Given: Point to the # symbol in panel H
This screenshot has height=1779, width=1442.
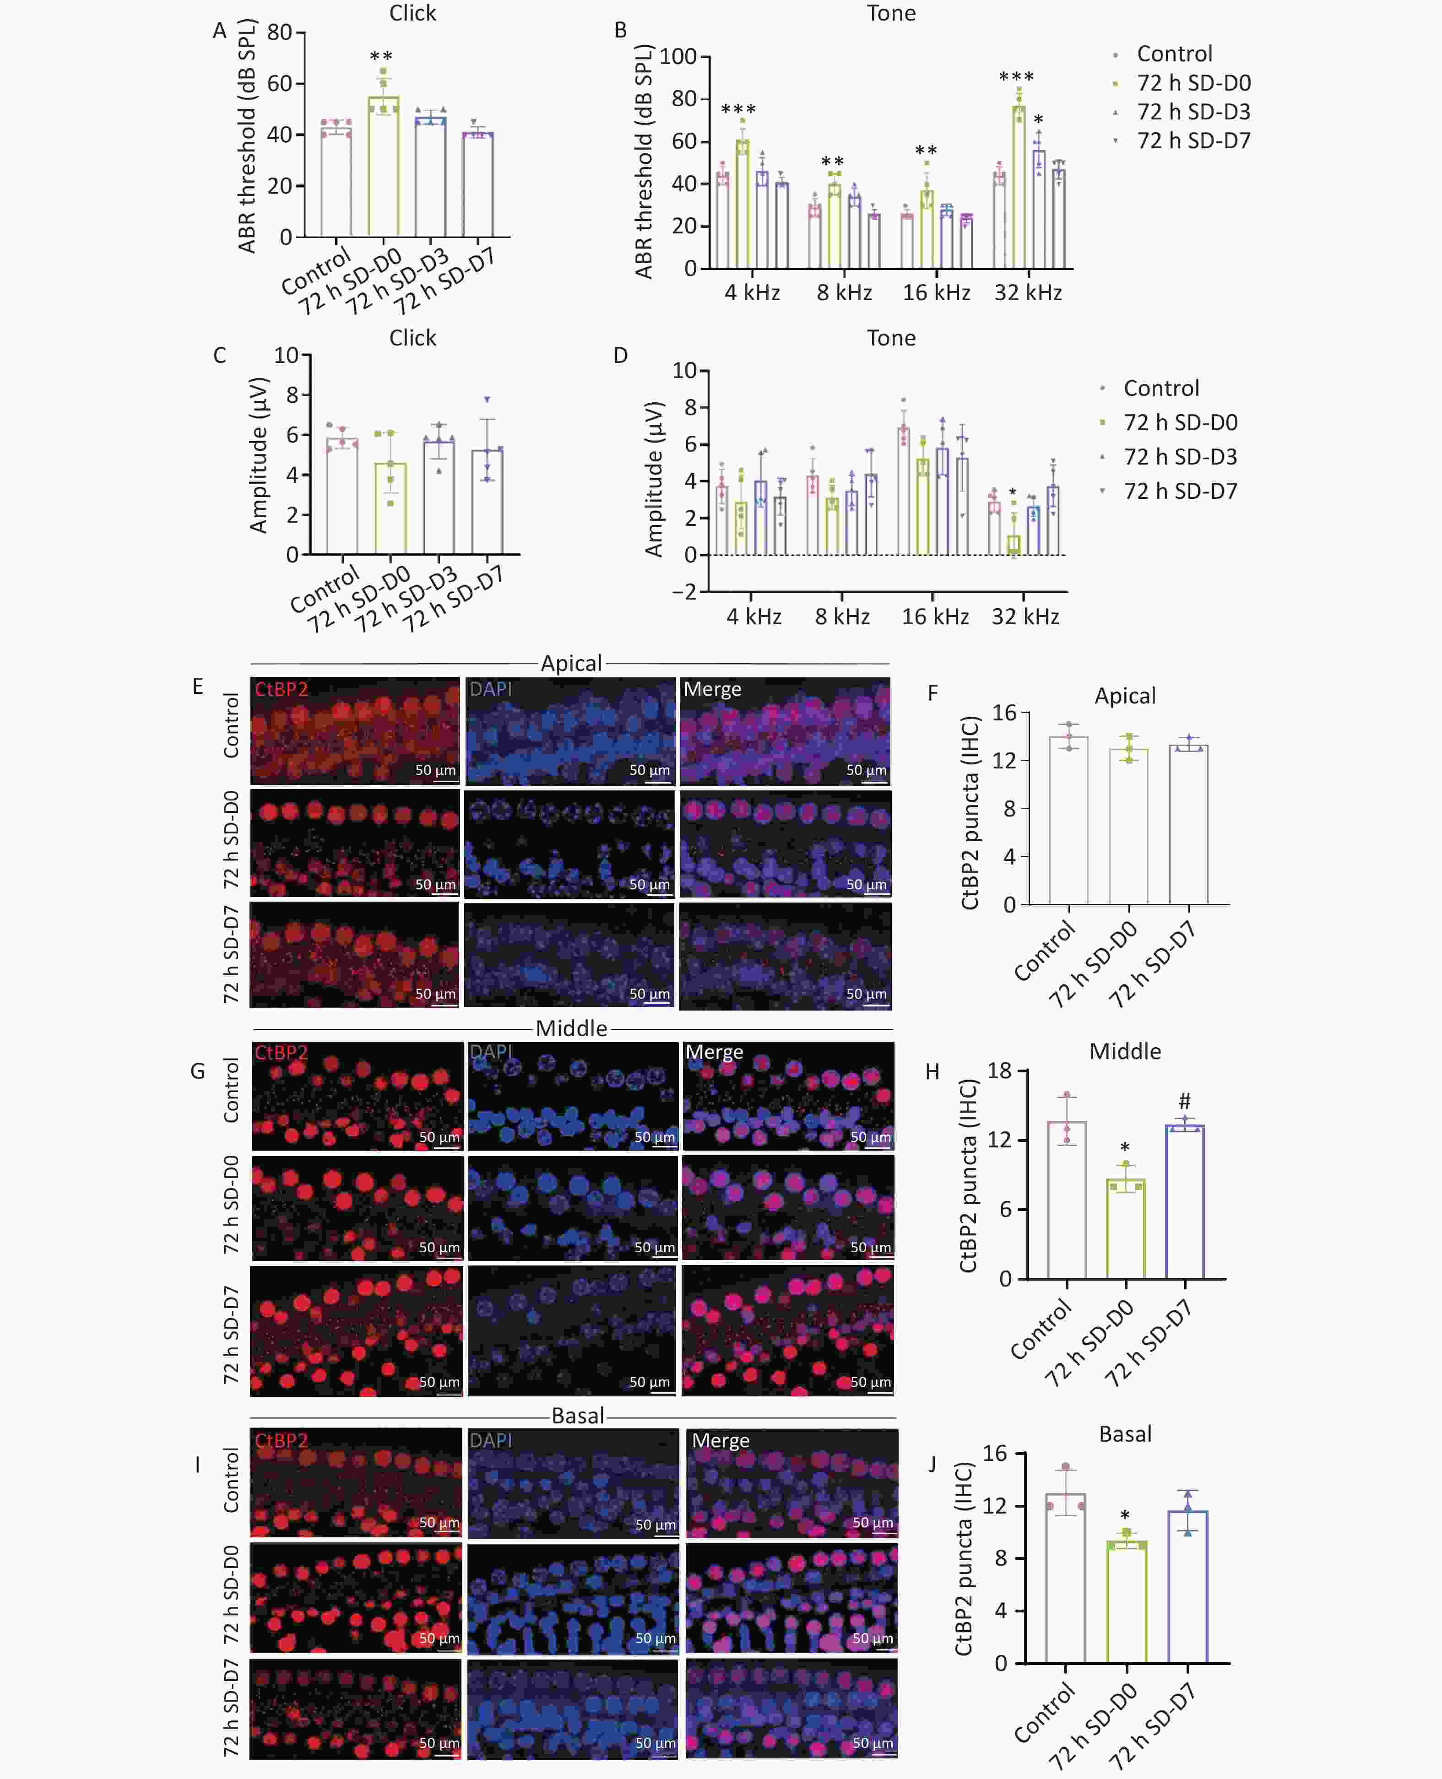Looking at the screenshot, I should (x=1185, y=1101).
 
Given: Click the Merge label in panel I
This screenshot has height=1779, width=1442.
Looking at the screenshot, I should (x=720, y=1441).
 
